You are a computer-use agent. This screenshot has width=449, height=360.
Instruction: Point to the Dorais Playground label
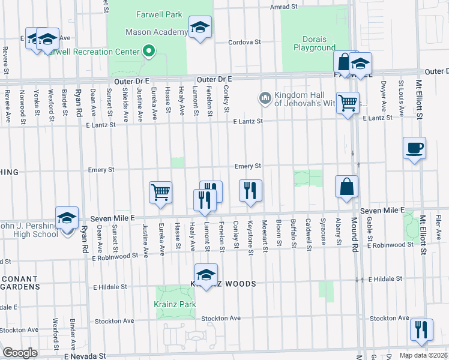[x=315, y=43]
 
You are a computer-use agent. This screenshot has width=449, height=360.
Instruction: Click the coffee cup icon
[x=414, y=148]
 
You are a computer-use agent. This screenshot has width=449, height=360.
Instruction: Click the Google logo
[x=20, y=353]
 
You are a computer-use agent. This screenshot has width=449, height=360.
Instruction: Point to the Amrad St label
[x=284, y=7]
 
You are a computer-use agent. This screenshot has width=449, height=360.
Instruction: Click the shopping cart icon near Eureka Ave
[x=160, y=193]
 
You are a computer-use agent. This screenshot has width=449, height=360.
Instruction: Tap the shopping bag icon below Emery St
[x=347, y=186]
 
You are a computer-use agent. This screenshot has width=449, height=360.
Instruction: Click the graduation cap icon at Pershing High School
[x=67, y=217]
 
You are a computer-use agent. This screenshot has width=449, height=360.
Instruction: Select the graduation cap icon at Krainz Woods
[x=206, y=275]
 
